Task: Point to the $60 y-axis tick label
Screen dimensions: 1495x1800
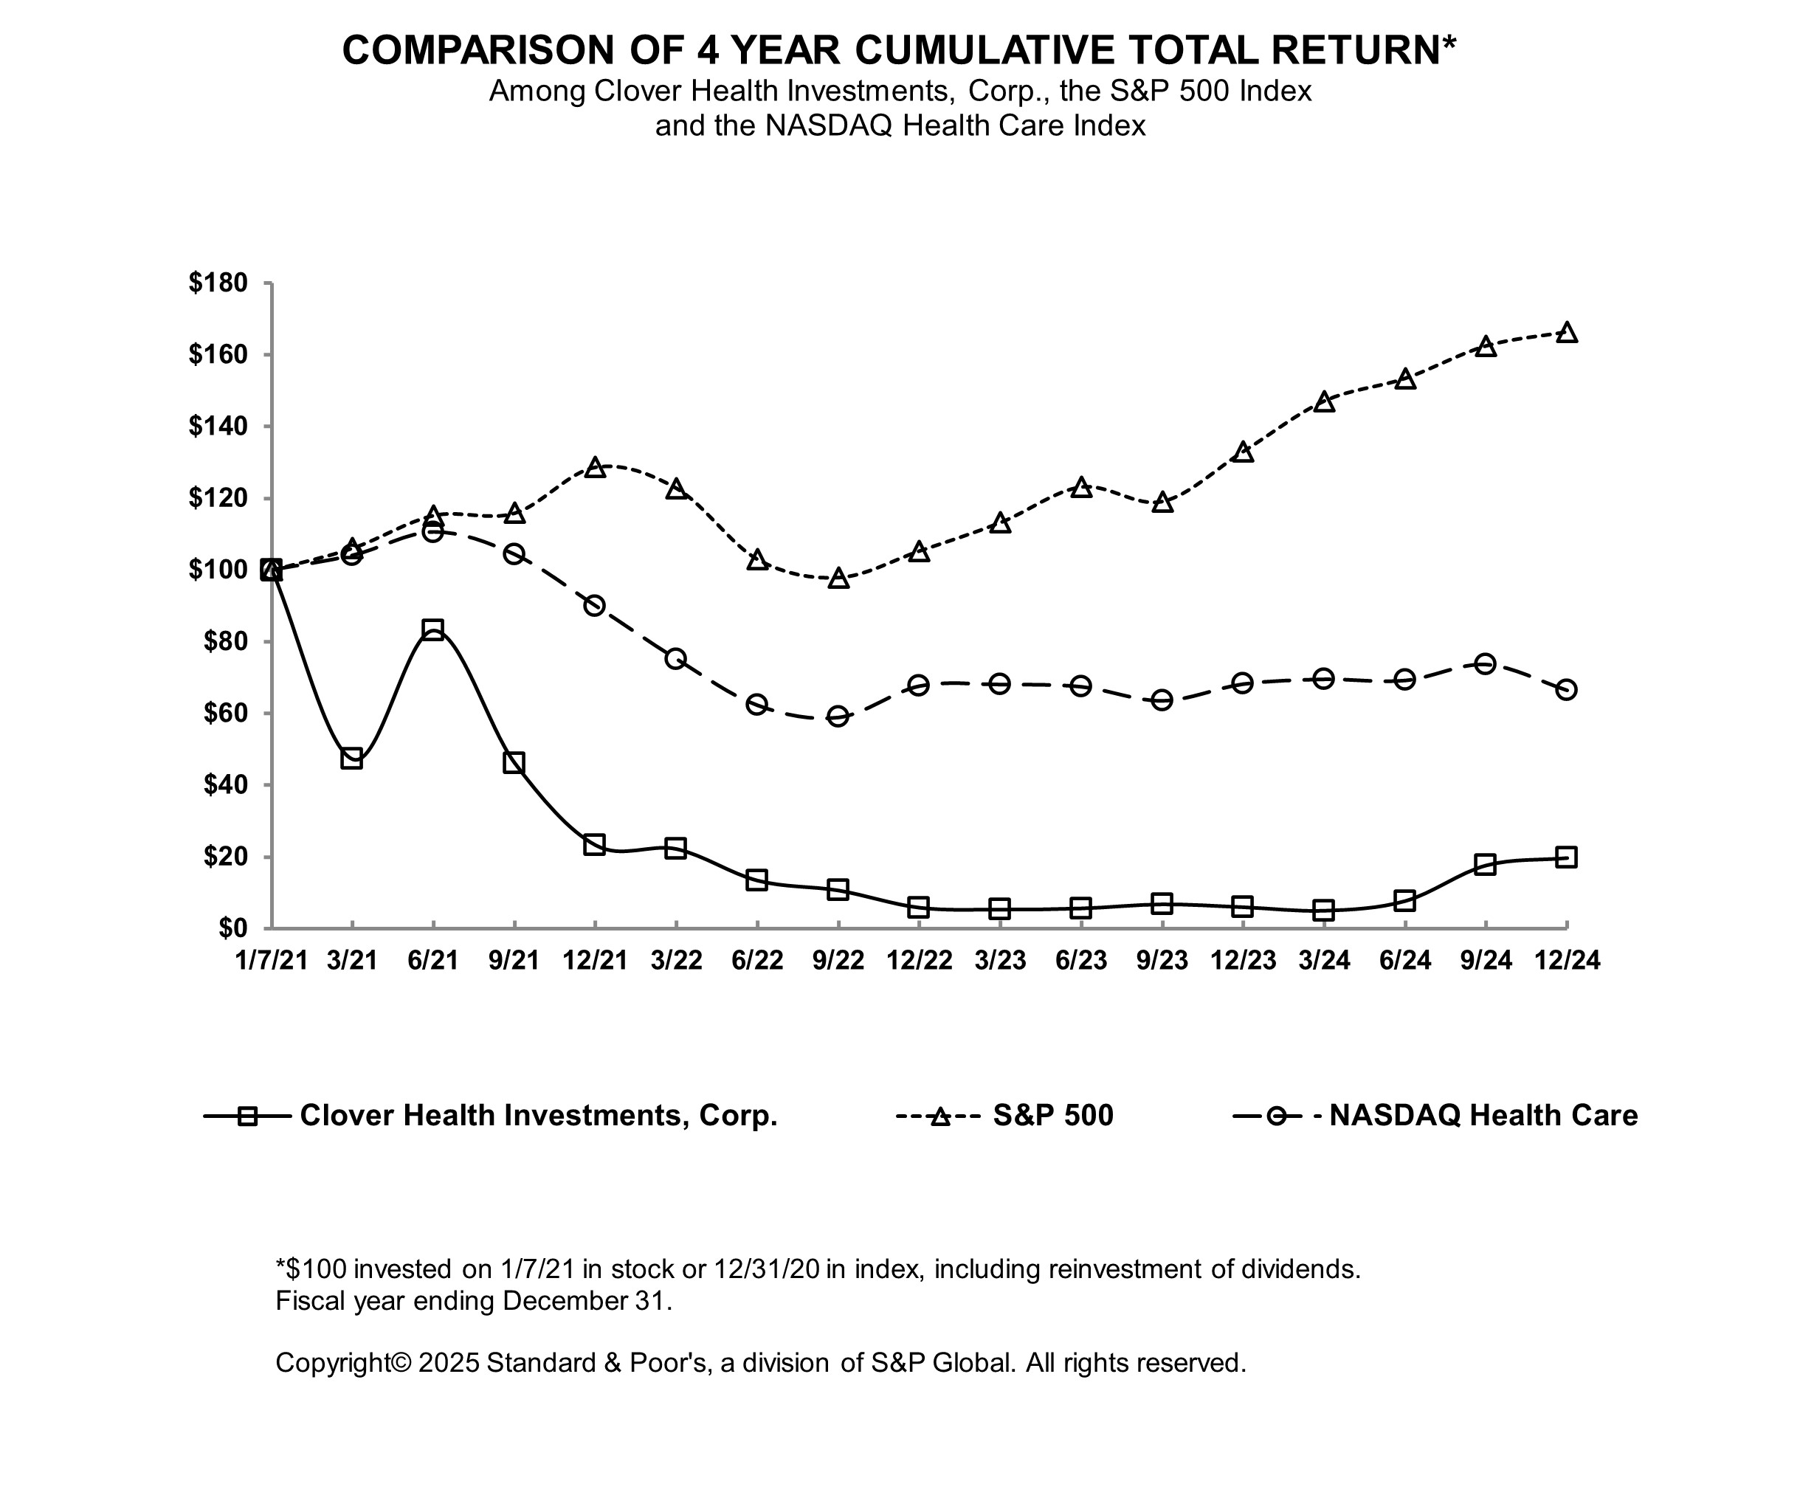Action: [x=224, y=714]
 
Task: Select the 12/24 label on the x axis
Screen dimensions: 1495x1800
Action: [x=1567, y=960]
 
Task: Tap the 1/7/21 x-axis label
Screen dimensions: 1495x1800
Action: [x=271, y=960]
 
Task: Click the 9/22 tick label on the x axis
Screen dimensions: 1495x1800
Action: [x=838, y=960]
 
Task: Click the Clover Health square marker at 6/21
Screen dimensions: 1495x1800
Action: [x=433, y=630]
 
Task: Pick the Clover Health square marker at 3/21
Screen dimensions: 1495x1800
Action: [x=351, y=759]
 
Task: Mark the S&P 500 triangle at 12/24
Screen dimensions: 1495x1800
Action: [x=1566, y=333]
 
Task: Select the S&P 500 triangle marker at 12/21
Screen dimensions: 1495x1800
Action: [x=595, y=467]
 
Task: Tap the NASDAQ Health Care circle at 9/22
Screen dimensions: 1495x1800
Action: [x=838, y=717]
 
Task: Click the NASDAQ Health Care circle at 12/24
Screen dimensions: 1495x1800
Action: [x=1566, y=690]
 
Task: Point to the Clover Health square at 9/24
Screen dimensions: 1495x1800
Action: [x=1486, y=864]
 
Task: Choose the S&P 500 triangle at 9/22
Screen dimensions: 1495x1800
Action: [x=838, y=579]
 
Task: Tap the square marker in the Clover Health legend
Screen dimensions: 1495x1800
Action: [x=246, y=1116]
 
